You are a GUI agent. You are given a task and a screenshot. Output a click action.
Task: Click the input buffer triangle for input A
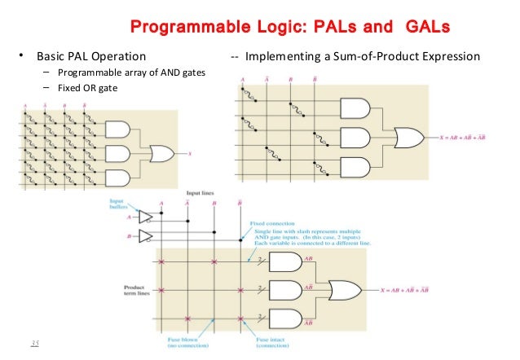[x=146, y=217]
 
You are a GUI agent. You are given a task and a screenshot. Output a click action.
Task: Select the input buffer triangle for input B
[x=146, y=237]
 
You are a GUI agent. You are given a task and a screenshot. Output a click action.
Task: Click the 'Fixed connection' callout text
[x=272, y=223]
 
